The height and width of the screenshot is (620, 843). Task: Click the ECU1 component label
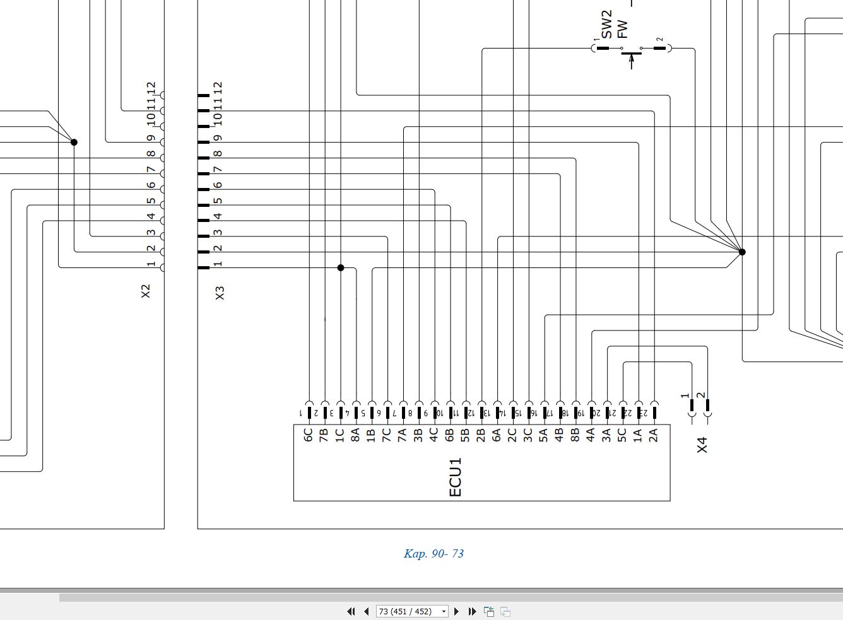(x=455, y=477)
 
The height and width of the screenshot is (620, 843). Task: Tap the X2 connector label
(x=145, y=291)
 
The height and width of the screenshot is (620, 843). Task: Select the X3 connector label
(x=220, y=293)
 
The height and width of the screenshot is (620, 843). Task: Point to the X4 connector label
(x=702, y=445)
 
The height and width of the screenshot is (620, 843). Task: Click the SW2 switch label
(x=606, y=24)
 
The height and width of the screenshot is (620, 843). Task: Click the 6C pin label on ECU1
(x=308, y=435)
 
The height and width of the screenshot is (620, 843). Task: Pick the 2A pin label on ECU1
(x=653, y=435)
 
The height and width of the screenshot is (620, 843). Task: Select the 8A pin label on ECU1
(x=355, y=435)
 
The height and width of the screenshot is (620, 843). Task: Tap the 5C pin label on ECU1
(x=622, y=435)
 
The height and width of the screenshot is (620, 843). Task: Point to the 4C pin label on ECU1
(x=433, y=435)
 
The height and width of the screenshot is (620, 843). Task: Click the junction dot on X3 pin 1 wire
(x=341, y=267)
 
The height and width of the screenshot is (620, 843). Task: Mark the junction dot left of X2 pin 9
(x=74, y=142)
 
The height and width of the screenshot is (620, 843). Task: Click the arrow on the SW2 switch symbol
(x=632, y=62)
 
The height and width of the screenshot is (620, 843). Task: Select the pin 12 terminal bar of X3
(x=203, y=96)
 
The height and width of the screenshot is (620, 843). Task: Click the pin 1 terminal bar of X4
(x=692, y=405)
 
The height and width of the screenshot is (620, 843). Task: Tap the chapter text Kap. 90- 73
(x=433, y=553)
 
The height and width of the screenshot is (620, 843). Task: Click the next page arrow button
(x=456, y=611)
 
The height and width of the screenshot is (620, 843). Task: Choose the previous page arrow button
(x=366, y=611)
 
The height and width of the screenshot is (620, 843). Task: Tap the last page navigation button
(x=473, y=611)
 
